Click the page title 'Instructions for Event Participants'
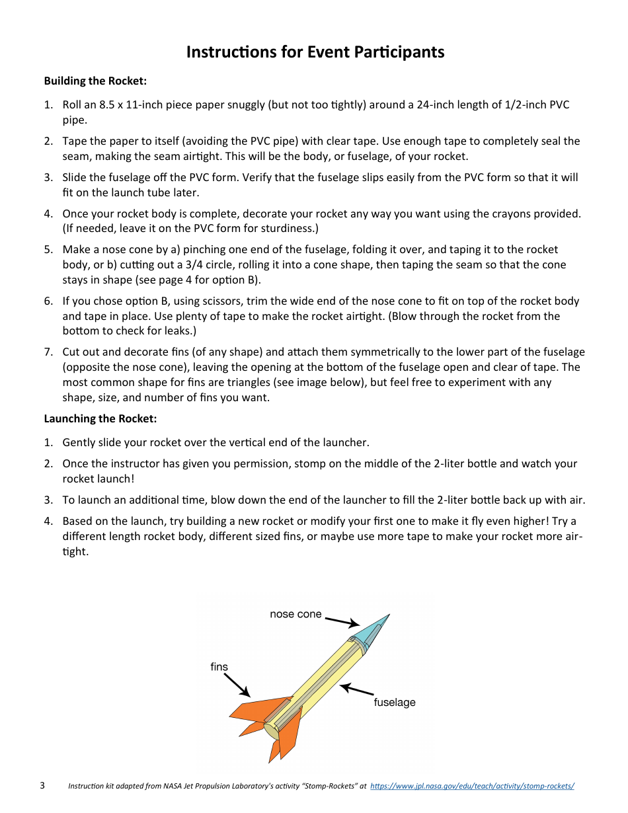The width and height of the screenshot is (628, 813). [315, 52]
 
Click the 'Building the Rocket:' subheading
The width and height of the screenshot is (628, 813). [95, 81]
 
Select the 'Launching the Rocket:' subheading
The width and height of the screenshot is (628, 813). [100, 418]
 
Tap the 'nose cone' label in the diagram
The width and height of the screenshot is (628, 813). [295, 614]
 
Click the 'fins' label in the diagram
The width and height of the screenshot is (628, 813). [219, 666]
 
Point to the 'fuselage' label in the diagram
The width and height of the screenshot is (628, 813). [395, 702]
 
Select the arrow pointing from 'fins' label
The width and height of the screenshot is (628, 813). [237, 685]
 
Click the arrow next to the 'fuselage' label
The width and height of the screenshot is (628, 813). [357, 689]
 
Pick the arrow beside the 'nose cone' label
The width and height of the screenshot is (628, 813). [342, 622]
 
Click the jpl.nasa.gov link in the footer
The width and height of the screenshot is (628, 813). [472, 786]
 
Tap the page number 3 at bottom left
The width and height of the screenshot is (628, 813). [42, 785]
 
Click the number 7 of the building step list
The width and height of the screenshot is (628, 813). [48, 352]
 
